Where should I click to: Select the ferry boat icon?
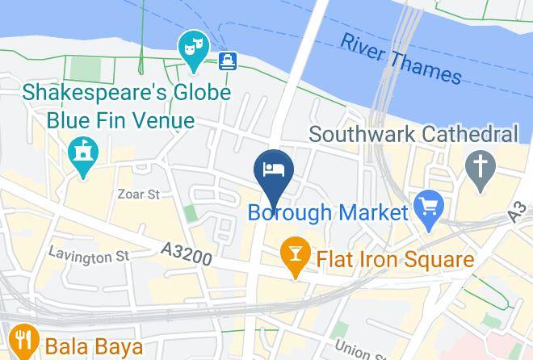pos(227,59)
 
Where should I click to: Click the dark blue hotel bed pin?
pos(273,170)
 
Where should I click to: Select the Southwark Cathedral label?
pos(413,133)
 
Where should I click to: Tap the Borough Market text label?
pos(327,213)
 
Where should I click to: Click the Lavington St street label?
pos(88,256)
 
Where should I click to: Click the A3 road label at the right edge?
pos(521,211)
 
